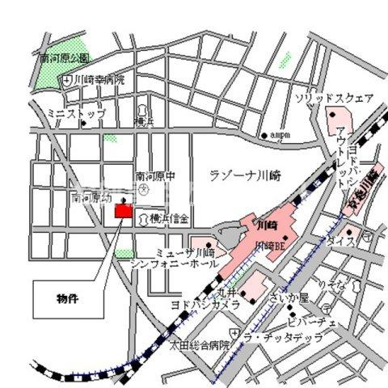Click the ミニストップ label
click(x=76, y=114)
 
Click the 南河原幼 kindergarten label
click(x=91, y=196)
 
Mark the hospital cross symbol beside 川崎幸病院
click(x=68, y=79)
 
